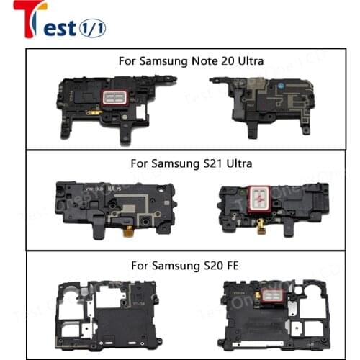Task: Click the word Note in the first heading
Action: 202,61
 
